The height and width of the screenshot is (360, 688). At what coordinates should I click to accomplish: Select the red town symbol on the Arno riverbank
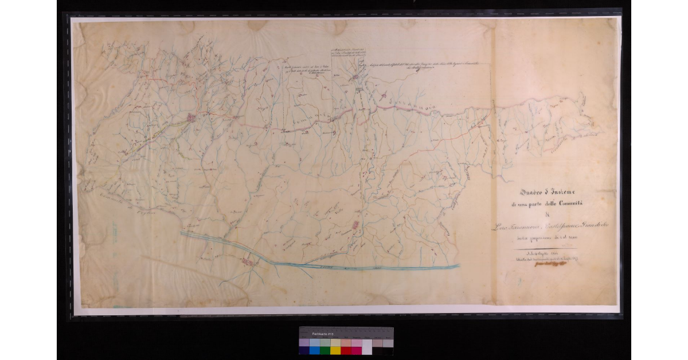coord(248,261)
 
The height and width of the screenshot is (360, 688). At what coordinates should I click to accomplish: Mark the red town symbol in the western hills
coord(190,118)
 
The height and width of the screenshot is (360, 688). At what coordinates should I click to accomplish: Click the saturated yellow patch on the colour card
coord(335,350)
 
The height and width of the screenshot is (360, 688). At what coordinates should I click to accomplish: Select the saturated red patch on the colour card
coord(346,350)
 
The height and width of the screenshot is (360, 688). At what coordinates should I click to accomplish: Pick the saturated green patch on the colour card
coord(325,350)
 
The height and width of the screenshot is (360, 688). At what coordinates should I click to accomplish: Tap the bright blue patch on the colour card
coord(314,350)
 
